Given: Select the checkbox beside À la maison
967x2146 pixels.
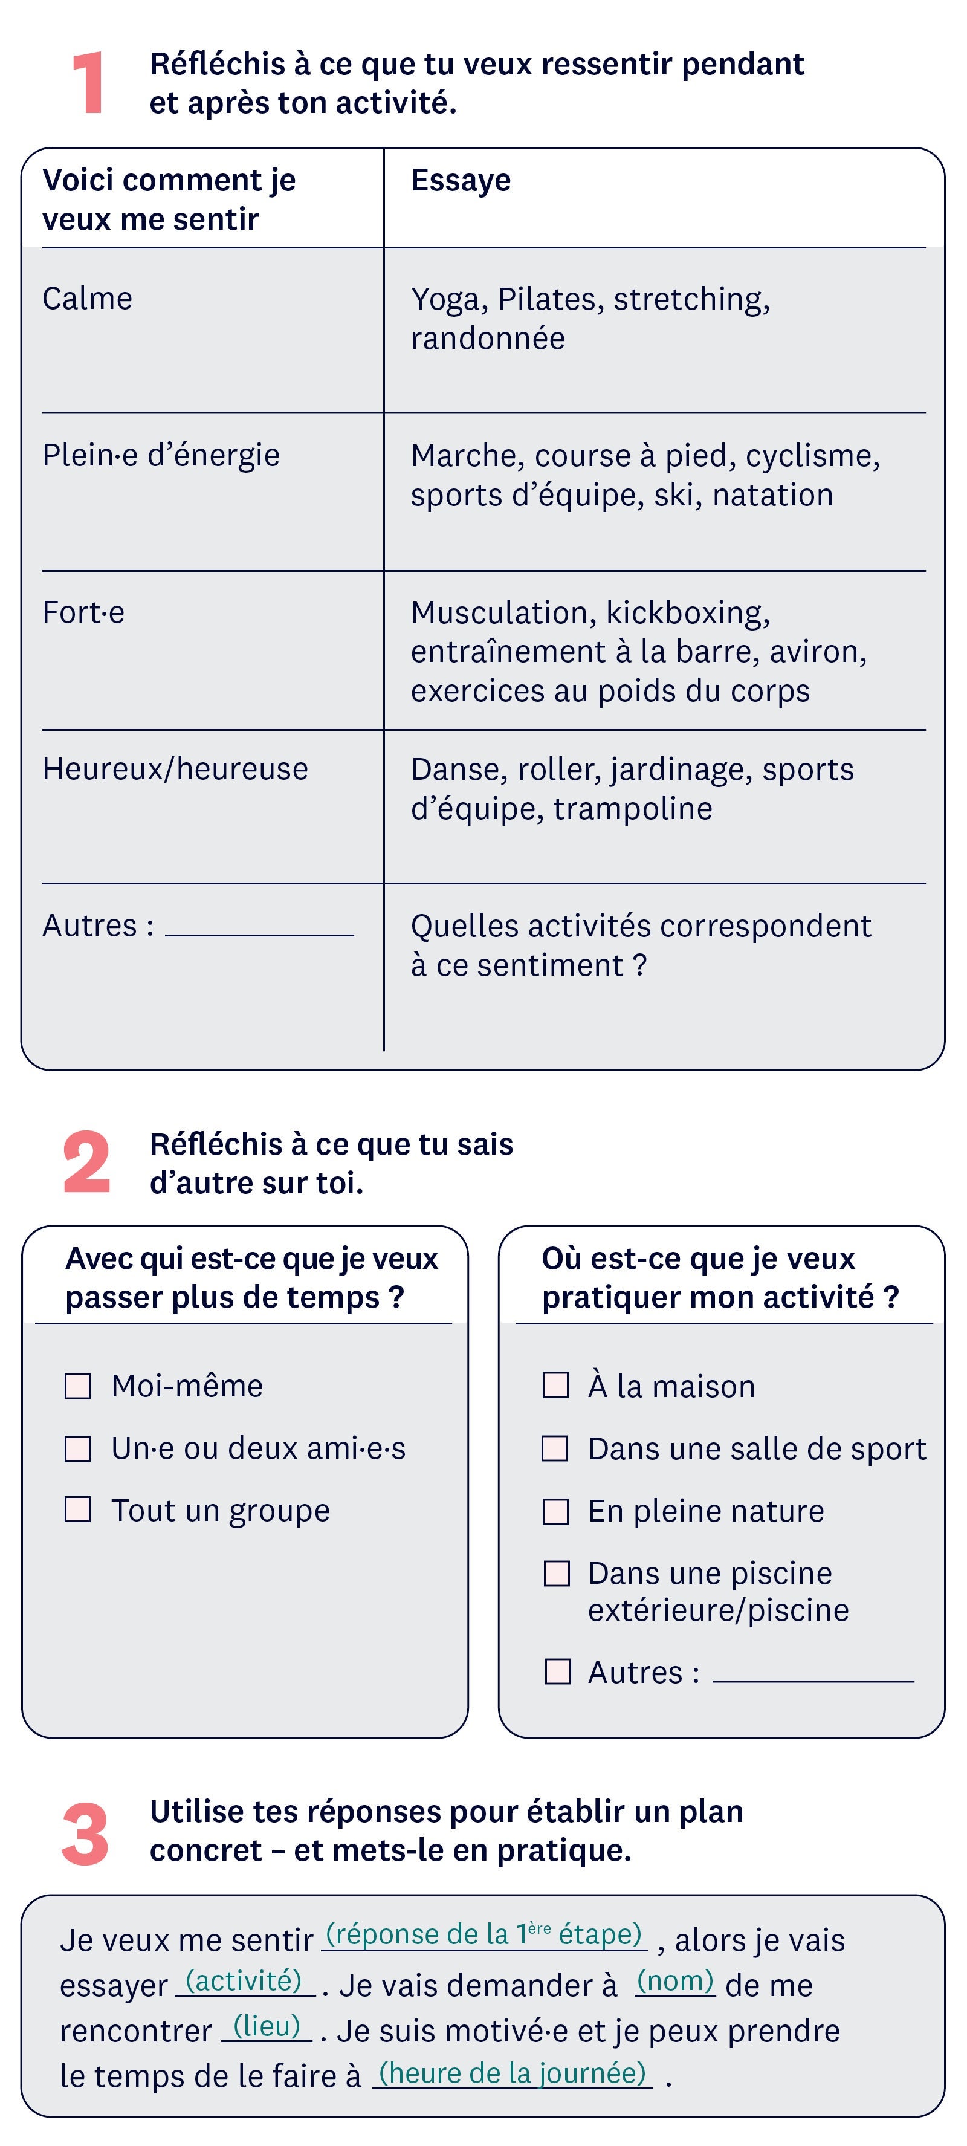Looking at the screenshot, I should click(x=555, y=1386).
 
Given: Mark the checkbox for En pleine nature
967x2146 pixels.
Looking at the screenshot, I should click(x=555, y=1511).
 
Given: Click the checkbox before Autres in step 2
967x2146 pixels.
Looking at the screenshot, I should click(x=557, y=1671).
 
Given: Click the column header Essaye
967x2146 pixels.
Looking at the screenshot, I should click(x=461, y=180).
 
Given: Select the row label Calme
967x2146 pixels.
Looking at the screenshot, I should click(x=88, y=298).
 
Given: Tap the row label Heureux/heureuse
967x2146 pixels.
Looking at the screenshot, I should click(x=175, y=769).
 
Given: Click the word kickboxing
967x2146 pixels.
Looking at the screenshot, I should click(x=687, y=612).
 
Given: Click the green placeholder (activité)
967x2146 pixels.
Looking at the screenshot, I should click(x=243, y=1980).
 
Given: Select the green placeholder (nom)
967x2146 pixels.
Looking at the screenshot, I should click(x=674, y=1980).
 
